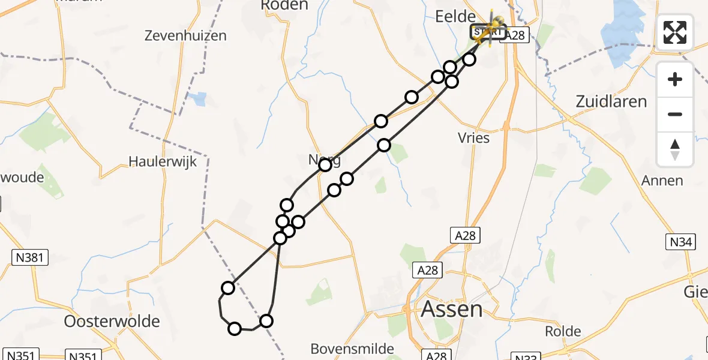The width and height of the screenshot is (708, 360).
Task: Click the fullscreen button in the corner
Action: click(675, 32)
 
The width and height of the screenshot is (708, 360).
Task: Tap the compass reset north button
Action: click(675, 149)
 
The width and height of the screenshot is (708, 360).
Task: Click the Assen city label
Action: click(451, 310)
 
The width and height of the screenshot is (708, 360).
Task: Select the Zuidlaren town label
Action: click(611, 101)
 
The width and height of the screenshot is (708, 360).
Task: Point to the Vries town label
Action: click(473, 138)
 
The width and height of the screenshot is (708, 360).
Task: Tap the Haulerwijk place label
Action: click(163, 162)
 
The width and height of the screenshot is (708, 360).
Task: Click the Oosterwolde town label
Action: click(112, 321)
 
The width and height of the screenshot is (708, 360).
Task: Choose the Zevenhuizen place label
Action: click(186, 36)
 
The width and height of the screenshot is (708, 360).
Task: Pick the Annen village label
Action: click(662, 181)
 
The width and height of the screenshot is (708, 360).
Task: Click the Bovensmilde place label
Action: click(352, 349)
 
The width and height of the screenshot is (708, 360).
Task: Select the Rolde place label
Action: click(563, 331)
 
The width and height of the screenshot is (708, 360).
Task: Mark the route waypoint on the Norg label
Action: click(325, 164)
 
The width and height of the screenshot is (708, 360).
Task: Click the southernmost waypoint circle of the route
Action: click(235, 328)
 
